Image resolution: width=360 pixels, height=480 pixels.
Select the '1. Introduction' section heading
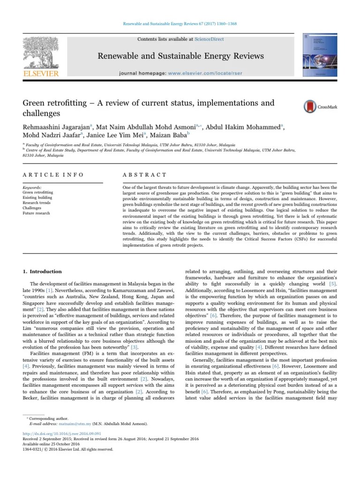tap(43, 271)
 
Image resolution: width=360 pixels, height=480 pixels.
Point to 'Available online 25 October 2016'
tap(52, 443)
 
